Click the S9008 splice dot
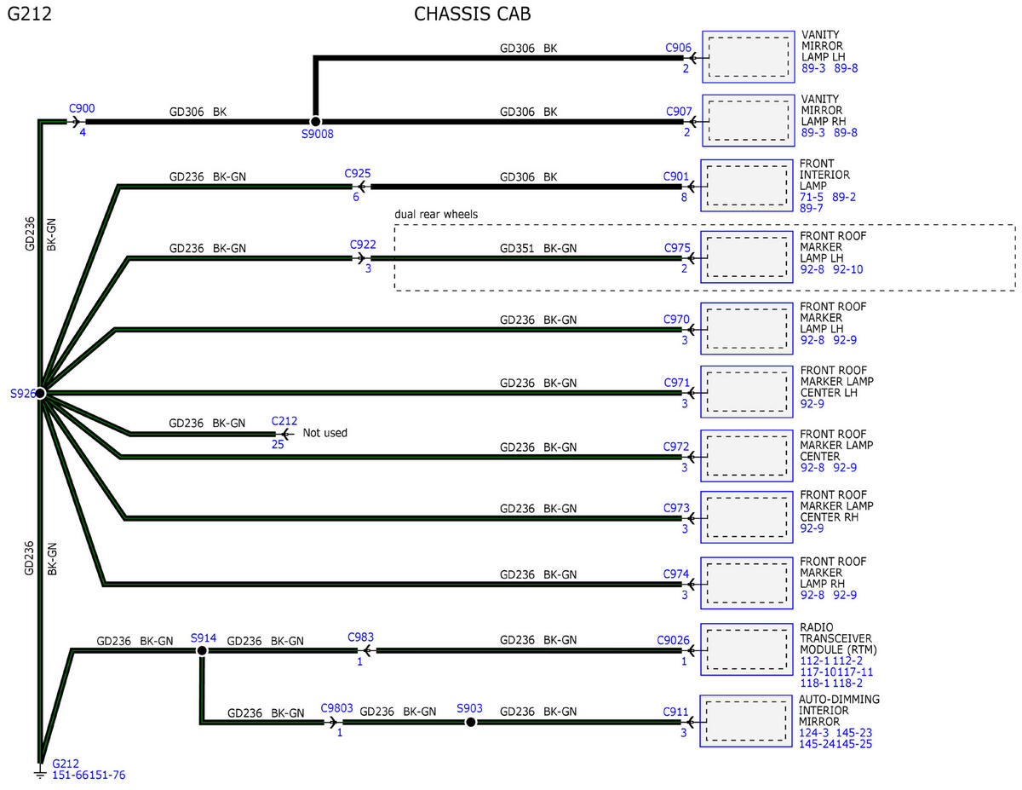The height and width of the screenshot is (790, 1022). click(x=316, y=121)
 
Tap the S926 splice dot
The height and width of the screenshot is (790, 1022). click(x=40, y=393)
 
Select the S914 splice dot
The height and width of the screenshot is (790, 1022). click(x=202, y=651)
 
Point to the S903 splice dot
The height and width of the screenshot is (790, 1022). click(x=470, y=722)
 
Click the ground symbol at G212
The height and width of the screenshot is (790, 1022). click(x=40, y=774)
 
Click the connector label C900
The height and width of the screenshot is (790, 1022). click(x=82, y=109)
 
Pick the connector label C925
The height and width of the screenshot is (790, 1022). click(x=358, y=174)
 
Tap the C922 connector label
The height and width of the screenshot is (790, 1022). click(x=363, y=245)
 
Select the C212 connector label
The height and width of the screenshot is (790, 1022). click(x=284, y=421)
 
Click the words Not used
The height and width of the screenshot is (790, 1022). click(x=324, y=433)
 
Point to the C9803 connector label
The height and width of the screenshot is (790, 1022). click(x=336, y=708)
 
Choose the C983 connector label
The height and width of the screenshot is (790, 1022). click(x=360, y=637)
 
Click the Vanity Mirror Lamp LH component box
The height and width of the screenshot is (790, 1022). click(x=749, y=57)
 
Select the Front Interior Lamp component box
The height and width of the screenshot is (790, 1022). click(x=746, y=186)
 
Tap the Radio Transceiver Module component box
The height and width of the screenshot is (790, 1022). click(x=746, y=649)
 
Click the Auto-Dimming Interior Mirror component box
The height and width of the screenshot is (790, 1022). click(x=746, y=721)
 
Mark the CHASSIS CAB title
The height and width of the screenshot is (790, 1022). click(x=472, y=14)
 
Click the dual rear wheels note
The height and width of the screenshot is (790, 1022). click(x=436, y=215)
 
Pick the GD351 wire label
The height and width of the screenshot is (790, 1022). click(x=517, y=249)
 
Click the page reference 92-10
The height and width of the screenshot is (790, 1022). click(x=848, y=269)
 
